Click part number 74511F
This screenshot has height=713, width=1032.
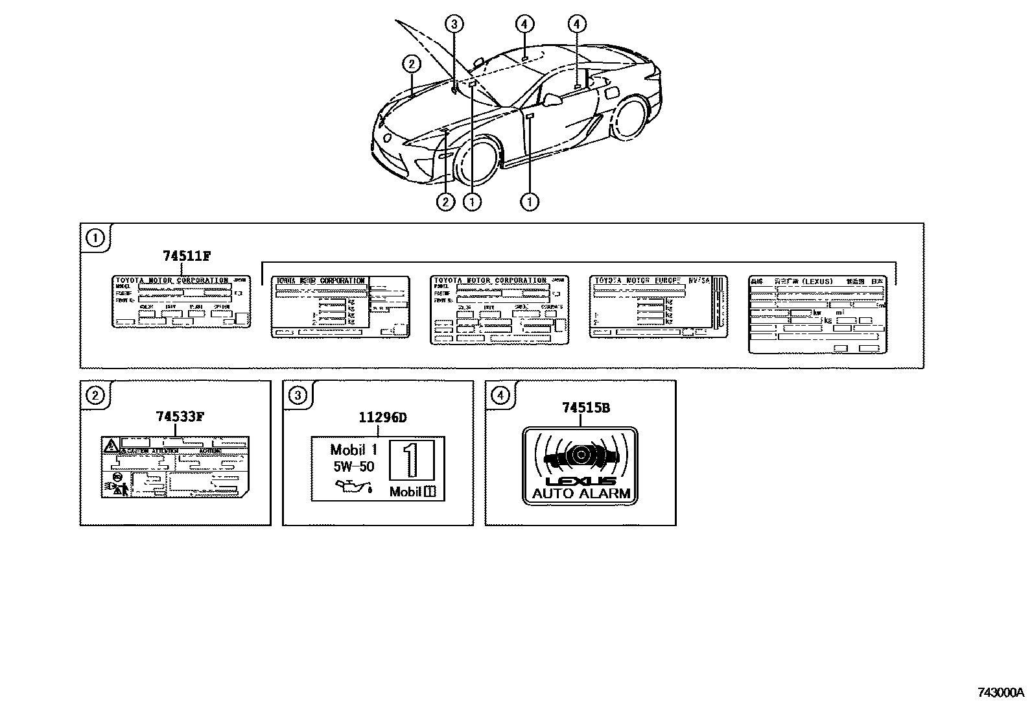(x=187, y=256)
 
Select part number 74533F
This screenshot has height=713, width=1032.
(x=180, y=417)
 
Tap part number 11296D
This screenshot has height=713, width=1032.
(x=382, y=418)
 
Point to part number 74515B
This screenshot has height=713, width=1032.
(x=585, y=408)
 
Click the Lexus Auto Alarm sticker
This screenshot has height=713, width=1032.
(x=580, y=465)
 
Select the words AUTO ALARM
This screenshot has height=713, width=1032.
(x=581, y=493)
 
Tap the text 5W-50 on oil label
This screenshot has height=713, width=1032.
(x=353, y=466)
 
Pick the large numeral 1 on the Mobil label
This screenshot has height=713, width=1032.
(x=411, y=461)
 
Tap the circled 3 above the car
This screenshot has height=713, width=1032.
(x=454, y=25)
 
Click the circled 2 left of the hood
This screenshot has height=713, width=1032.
(x=411, y=64)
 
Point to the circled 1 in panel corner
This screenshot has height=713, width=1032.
(x=95, y=238)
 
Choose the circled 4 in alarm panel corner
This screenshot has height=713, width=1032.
(x=500, y=395)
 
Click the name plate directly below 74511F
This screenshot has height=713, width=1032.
(x=182, y=302)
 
